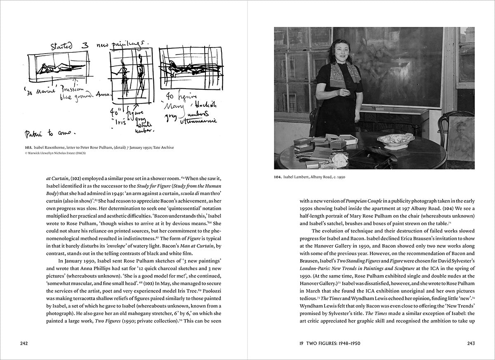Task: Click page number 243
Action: tap(471, 343)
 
